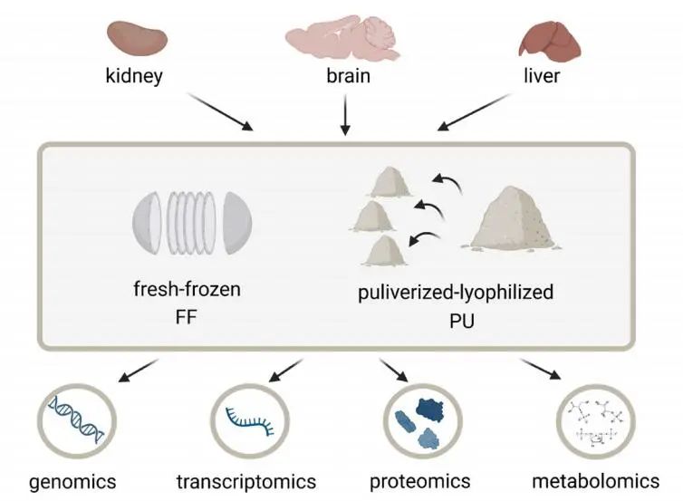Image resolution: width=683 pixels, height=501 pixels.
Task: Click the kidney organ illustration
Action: click(135, 37)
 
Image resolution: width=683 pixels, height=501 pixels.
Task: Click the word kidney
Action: click(134, 76)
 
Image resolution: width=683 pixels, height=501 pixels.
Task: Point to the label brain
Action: click(348, 76)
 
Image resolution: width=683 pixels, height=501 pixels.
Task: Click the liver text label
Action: click(541, 76)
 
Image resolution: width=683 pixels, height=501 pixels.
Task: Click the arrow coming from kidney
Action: click(222, 114)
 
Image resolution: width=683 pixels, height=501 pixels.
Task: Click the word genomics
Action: click(72, 479)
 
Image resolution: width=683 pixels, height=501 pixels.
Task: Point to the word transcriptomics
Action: click(246, 479)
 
